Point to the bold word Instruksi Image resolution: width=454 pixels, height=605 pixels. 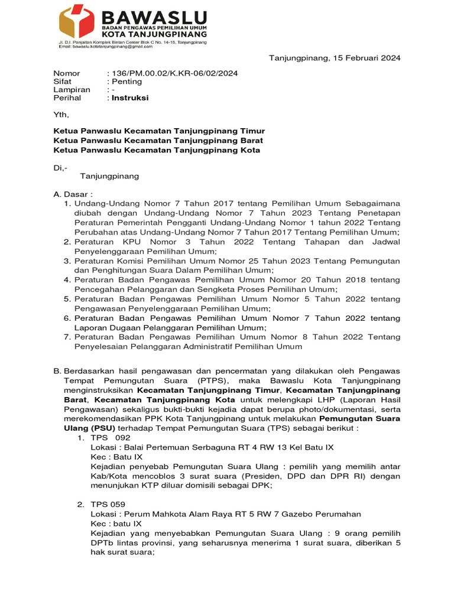pyautogui.click(x=130, y=98)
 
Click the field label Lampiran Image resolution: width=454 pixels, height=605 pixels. pyautogui.click(x=72, y=90)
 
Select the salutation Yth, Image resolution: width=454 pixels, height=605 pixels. pyautogui.click(x=61, y=115)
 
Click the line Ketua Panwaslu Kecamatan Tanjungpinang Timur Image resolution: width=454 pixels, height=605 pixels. pyautogui.click(x=159, y=131)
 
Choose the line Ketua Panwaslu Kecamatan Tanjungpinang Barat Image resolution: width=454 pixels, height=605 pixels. pyautogui.click(x=158, y=141)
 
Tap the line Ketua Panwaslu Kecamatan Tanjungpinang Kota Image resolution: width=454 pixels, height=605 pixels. pyautogui.click(x=157, y=150)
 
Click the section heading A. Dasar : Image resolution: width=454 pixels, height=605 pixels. pyautogui.click(x=73, y=194)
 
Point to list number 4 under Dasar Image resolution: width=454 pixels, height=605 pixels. pyautogui.click(x=67, y=280)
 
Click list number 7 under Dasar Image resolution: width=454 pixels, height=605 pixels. pyautogui.click(x=67, y=337)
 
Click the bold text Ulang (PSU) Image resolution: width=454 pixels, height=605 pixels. pyautogui.click(x=98, y=428)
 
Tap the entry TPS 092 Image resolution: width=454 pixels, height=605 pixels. pyautogui.click(x=109, y=438)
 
